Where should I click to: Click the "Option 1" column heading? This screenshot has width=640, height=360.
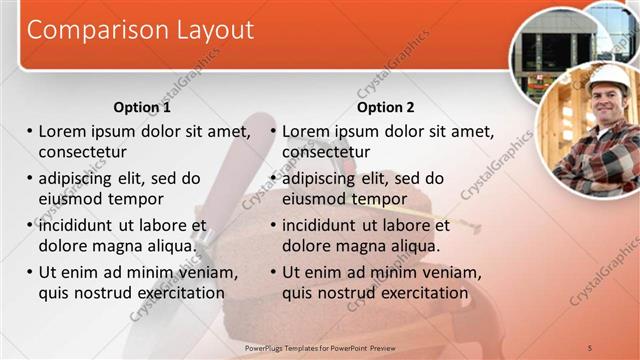coord(142,107)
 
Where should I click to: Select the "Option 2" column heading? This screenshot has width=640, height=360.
coord(385,107)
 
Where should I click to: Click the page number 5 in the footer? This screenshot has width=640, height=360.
coord(591,347)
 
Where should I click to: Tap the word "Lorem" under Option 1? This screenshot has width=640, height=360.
coord(63,131)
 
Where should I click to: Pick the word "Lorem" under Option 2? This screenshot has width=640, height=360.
coord(307,131)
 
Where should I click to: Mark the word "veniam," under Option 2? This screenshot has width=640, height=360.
coord(439,272)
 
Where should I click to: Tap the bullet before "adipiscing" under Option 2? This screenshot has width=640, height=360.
coord(273,179)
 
